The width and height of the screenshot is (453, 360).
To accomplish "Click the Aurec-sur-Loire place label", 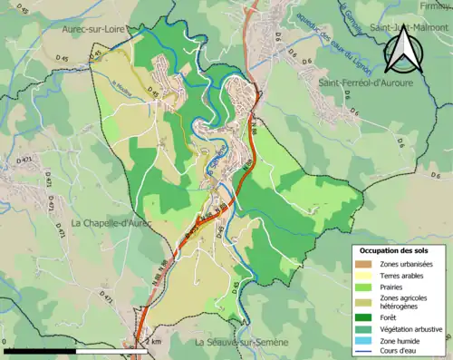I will coord(93,29).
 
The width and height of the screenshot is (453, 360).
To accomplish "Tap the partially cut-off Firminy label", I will coord(439,5).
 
